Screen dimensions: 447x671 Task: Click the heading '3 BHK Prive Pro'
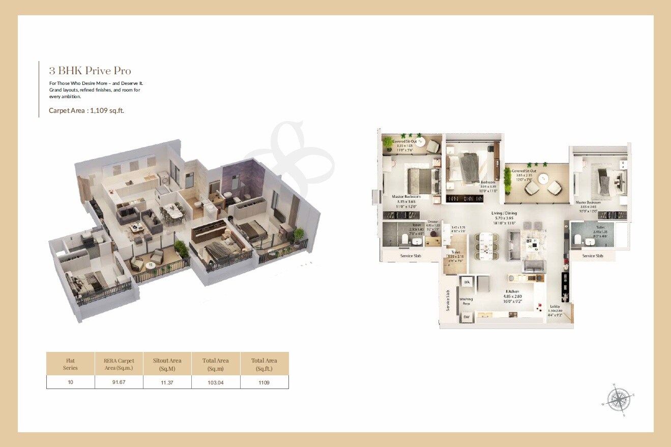point(90,71)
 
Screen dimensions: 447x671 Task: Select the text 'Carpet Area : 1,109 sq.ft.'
point(86,110)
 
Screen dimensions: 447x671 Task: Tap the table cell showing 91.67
point(119,382)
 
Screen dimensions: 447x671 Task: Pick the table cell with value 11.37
point(167,382)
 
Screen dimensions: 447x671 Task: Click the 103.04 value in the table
point(216,382)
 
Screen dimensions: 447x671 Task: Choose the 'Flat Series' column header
point(70,364)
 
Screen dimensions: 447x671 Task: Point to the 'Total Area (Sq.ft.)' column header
point(264,364)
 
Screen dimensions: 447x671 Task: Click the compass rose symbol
point(618,400)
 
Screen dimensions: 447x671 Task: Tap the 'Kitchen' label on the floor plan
point(512,291)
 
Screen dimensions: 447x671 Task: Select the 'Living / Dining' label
point(504,214)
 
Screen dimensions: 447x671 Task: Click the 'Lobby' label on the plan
point(555,307)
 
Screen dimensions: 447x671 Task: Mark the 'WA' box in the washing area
point(466,282)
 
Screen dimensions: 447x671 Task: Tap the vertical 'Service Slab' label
point(448,301)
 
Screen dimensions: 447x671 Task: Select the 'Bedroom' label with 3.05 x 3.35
point(488,182)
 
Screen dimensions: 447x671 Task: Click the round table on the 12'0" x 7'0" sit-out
point(543,178)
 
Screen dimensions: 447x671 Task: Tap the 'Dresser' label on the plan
point(432,222)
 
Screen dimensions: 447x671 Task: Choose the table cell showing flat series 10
point(70,382)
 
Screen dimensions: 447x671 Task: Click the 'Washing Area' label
point(466,301)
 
